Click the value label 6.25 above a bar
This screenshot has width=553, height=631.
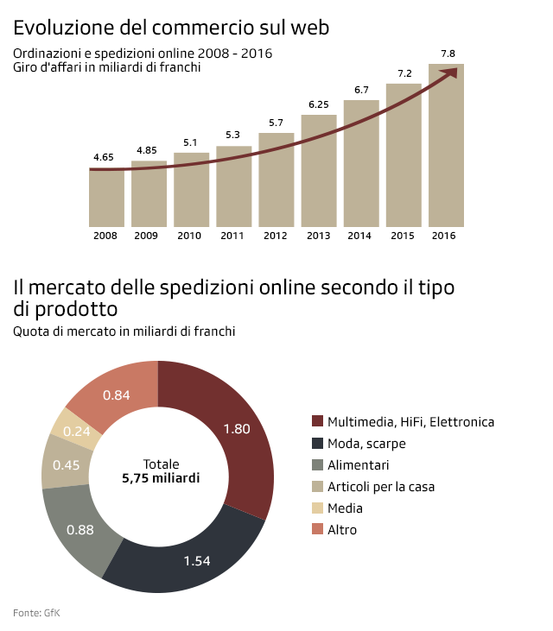coord(319,105)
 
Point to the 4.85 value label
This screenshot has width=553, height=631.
coord(148,151)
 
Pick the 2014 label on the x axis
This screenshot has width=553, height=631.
coord(360,236)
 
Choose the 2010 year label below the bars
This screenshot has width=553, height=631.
coord(190,236)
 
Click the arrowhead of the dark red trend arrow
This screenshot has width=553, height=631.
coord(451,73)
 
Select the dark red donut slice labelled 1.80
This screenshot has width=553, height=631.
coord(238,432)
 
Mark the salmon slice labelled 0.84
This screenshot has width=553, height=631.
coord(117,394)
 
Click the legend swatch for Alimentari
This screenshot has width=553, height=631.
coord(317,465)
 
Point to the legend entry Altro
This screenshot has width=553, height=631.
coord(342,529)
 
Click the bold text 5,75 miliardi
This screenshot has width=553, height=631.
coord(158,477)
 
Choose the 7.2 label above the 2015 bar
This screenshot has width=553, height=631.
coord(404,74)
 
